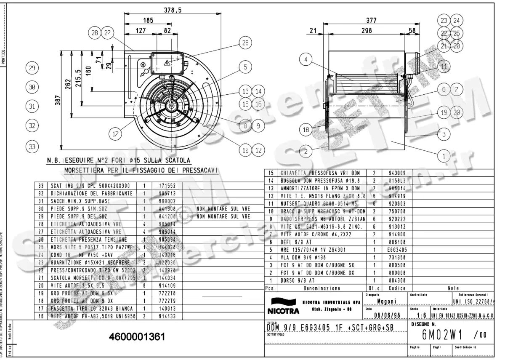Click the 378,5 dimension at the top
click(173, 11)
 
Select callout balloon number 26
click(245, 43)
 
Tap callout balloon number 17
click(115, 134)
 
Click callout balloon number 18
click(306, 130)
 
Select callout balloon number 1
click(444, 156)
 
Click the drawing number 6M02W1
click(444, 335)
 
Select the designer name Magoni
click(385, 301)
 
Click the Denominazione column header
click(321, 288)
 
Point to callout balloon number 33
click(32, 147)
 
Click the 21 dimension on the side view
click(312, 31)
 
